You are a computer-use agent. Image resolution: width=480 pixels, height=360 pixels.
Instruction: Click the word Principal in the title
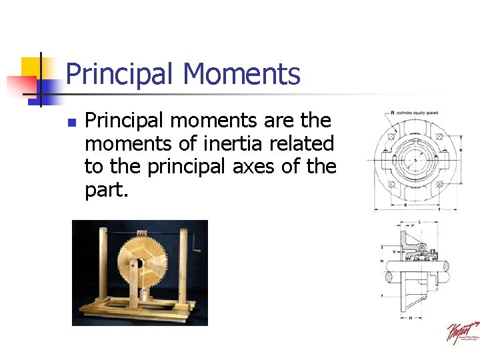coord(120,74)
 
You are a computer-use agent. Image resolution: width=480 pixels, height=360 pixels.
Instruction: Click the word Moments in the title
coord(241,74)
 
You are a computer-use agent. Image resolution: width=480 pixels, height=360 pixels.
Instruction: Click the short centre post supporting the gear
coord(133,287)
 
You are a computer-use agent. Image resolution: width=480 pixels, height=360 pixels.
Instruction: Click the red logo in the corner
coord(463,333)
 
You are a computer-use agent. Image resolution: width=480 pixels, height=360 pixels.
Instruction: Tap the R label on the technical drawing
coord(392,113)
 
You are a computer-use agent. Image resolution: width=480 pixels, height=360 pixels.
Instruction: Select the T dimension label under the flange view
coord(438,209)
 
